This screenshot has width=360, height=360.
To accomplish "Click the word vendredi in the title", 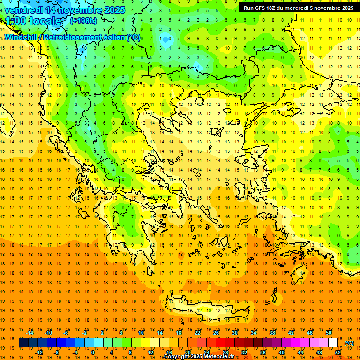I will [x=24, y=9].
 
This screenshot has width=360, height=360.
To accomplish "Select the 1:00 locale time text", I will [x=33, y=21].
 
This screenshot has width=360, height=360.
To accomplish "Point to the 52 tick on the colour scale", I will [x=338, y=352].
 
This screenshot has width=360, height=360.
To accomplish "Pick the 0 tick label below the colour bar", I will [x=92, y=352].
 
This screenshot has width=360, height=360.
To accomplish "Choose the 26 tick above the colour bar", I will [x=216, y=333].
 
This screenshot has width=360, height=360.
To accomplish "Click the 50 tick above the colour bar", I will [x=329, y=333].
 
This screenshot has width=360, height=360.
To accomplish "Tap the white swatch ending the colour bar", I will [x=333, y=343].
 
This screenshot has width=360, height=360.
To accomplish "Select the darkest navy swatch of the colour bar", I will [x=23, y=343].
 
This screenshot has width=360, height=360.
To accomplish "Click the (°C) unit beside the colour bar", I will [x=349, y=343].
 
